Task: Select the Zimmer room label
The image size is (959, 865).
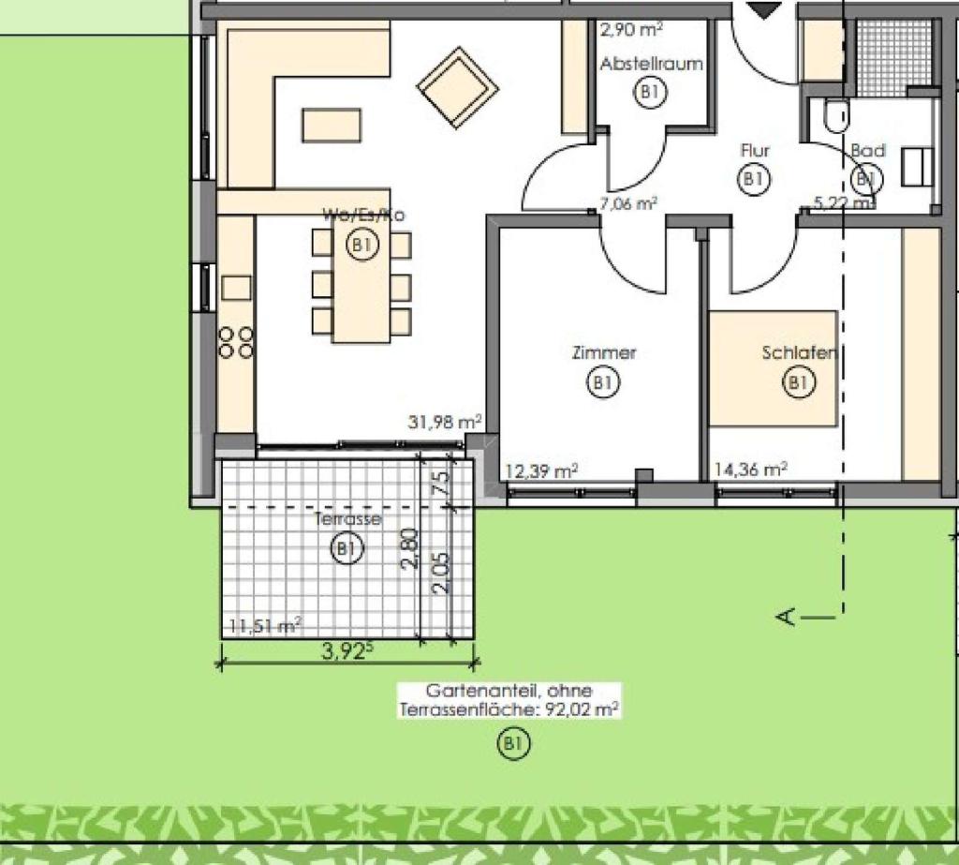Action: point(604,353)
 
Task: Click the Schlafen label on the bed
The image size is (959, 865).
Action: point(798,353)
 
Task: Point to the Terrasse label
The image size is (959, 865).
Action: point(347,518)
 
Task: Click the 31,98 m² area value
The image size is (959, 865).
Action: point(445,423)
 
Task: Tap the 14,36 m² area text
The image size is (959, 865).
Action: point(750,470)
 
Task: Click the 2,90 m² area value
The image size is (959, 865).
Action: point(631,29)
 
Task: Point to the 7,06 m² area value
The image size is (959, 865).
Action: point(627,202)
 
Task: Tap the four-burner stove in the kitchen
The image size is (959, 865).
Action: point(236,341)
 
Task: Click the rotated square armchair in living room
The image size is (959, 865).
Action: point(458,86)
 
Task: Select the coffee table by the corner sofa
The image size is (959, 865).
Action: point(332,125)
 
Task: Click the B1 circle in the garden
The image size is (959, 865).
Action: point(512,744)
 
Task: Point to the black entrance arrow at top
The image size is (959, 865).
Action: point(767,10)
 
